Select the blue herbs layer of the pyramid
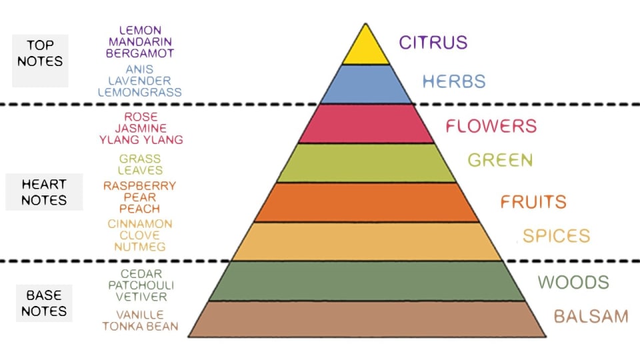pos(365,84)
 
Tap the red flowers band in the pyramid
pos(365,124)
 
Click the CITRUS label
pos(433,43)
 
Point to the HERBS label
pos(454,82)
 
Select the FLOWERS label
pos(491,125)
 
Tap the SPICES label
pos(557,235)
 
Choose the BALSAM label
pos(591,316)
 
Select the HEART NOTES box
pos(44,192)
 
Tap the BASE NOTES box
pos(44,303)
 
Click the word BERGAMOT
pos(140,53)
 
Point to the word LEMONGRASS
pos(139,93)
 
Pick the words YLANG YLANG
pos(141,140)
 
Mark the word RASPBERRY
pos(140,186)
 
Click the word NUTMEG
pos(140,247)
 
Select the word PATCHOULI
pos(140,285)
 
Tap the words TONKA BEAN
pos(140,326)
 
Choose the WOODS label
pos(573,282)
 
